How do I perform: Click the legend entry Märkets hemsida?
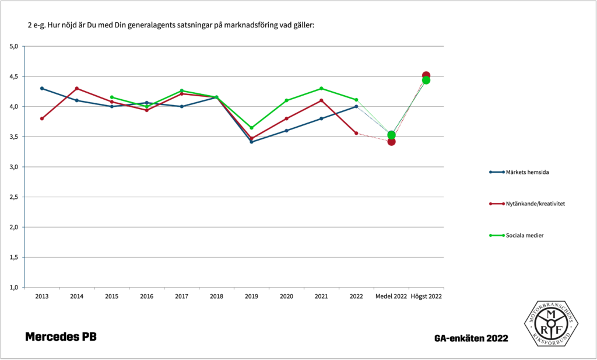[x=526, y=172]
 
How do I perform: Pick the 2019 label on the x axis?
[x=251, y=296]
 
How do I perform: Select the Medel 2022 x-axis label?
[x=391, y=296]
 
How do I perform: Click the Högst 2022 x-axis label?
[x=426, y=296]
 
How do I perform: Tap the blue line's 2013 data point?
[x=42, y=88]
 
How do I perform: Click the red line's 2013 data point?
[x=42, y=118]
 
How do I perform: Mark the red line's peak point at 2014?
[x=77, y=88]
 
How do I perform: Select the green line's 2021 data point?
[x=321, y=88]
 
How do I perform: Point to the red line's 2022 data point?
[x=356, y=133]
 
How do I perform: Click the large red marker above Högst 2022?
[x=426, y=76]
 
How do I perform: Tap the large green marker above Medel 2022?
[x=391, y=135]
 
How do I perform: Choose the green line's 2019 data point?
[x=251, y=128]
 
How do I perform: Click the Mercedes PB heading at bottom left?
[x=61, y=337]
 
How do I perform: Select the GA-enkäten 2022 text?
[x=470, y=338]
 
